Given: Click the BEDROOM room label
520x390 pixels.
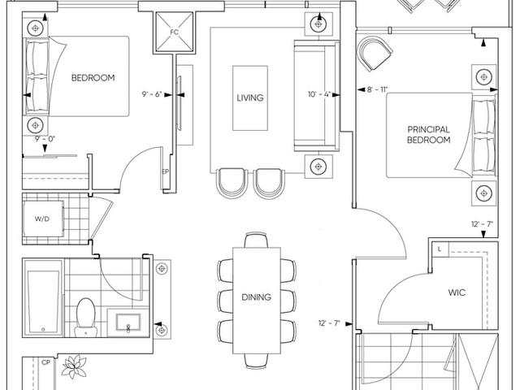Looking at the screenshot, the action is tap(93, 78).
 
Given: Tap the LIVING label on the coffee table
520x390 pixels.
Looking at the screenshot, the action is tap(250, 97).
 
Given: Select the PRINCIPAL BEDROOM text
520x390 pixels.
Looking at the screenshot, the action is tap(428, 135).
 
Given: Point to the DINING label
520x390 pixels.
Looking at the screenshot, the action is tap(257, 297).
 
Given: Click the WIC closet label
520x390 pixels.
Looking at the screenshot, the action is tap(457, 292).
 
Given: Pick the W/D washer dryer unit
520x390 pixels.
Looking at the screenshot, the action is tap(43, 219).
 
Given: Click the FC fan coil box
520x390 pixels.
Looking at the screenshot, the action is tap(175, 32).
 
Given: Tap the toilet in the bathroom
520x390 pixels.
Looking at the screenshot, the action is tap(86, 318).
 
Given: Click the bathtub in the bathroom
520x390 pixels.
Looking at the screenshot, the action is tap(43, 297).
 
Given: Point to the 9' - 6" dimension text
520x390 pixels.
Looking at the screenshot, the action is tap(152, 94).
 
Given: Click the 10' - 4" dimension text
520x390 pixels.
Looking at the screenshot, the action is tap(319, 94).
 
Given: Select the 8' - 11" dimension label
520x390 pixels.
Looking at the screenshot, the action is tap(377, 89).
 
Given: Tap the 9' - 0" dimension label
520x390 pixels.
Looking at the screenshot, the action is tap(45, 139).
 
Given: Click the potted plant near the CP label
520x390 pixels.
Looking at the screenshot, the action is tap(74, 366).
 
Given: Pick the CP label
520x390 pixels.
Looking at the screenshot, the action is tap(46, 363).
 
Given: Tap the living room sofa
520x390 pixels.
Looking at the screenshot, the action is tap(317, 96).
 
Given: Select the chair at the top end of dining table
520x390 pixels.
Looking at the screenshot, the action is tap(257, 240).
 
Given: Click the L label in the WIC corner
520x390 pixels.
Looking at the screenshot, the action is tap(440, 249).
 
